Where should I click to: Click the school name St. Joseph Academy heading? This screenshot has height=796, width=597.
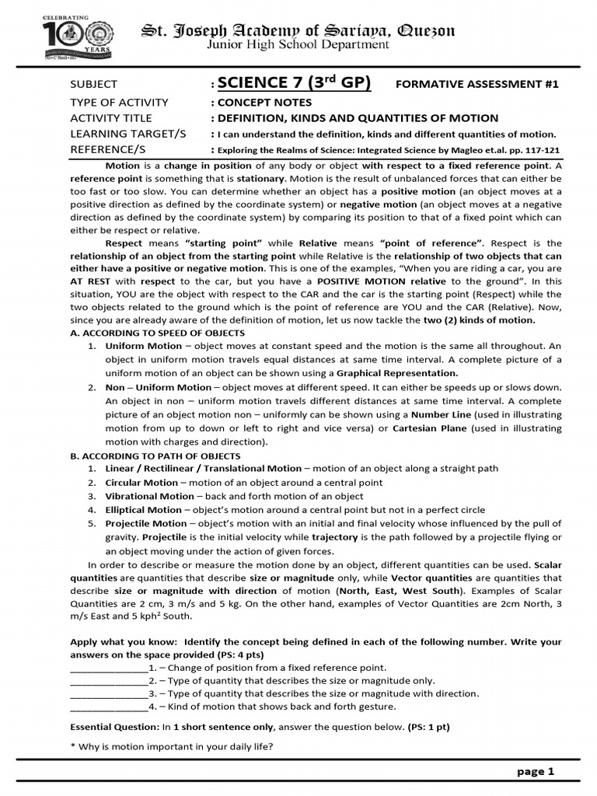coord(297,30)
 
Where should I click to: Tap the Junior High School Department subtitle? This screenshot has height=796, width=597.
coord(297,45)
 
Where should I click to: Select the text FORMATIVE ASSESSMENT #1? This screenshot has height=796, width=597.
coord(477,85)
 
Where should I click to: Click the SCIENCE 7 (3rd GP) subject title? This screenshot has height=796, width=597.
coord(294,83)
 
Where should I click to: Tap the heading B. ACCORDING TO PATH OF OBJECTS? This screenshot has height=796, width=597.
coord(155,456)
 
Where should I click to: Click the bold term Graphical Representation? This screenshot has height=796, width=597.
coord(396,373)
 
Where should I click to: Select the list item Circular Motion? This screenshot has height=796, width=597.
coord(141,483)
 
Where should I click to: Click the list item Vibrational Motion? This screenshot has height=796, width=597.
coord(149,496)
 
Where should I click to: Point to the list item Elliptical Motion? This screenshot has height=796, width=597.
coord(143,510)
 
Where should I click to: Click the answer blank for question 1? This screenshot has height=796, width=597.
coord(108,668)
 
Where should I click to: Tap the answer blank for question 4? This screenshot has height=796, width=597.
coord(108,707)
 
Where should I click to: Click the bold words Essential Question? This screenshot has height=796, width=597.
coord(113,728)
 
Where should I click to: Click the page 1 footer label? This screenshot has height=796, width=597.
coord(535,772)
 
